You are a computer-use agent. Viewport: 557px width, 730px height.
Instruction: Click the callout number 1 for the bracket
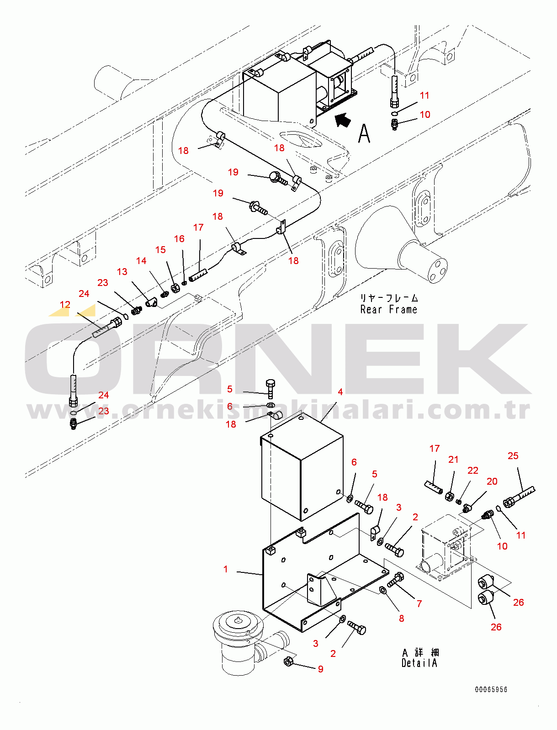click(x=225, y=569)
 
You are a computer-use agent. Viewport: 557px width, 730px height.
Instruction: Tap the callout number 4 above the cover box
click(x=340, y=392)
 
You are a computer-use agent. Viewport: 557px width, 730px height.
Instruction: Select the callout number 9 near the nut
click(x=321, y=669)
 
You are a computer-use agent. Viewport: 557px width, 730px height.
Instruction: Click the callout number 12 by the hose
click(x=65, y=305)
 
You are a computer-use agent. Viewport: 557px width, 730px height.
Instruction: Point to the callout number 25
click(x=513, y=456)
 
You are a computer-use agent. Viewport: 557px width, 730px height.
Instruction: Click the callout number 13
click(x=122, y=272)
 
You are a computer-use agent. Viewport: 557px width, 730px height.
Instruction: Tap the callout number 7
click(x=419, y=604)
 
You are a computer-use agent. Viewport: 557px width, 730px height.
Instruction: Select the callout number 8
click(x=401, y=619)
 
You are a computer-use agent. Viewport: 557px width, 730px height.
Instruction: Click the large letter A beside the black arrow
click(x=364, y=133)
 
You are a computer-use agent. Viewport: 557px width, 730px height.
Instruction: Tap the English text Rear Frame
click(x=388, y=310)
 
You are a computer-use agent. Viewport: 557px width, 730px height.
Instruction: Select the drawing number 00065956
click(x=491, y=690)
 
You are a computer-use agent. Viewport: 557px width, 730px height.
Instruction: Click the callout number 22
click(x=473, y=471)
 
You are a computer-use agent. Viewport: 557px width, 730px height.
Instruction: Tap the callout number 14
click(x=141, y=261)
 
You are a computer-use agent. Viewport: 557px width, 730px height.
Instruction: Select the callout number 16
click(x=179, y=239)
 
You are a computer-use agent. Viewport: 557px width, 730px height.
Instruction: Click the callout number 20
click(x=492, y=481)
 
